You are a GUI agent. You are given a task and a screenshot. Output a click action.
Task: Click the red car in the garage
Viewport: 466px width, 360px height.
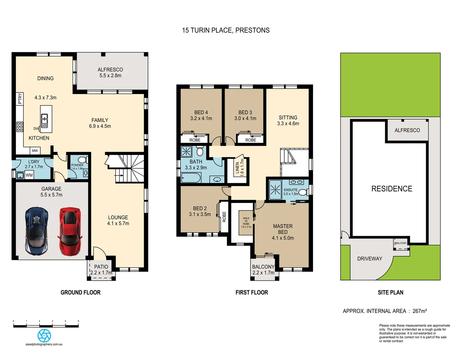pyautogui.click(x=70, y=231)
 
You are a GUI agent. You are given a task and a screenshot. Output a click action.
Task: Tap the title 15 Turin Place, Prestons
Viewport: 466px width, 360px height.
pyautogui.click(x=226, y=30)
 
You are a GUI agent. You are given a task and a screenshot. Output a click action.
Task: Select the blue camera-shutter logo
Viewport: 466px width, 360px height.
pyautogui.click(x=44, y=335)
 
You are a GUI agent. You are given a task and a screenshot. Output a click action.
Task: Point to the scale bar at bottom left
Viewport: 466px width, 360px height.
pyautogui.click(x=46, y=325)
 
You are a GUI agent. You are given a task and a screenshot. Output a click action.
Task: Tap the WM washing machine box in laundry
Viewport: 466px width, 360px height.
pyautogui.click(x=29, y=175)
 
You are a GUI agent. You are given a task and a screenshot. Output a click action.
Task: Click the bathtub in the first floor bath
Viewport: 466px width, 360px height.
pyautogui.click(x=191, y=178)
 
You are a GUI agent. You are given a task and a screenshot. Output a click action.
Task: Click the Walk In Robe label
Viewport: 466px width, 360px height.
pyautogui.click(x=246, y=222)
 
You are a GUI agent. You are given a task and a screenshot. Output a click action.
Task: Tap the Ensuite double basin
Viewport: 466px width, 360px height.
pyautogui.click(x=296, y=182)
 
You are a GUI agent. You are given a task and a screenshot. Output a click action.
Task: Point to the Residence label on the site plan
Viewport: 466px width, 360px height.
pyautogui.click(x=392, y=189)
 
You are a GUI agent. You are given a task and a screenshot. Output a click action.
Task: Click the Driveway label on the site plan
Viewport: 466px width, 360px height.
pyautogui.click(x=370, y=259)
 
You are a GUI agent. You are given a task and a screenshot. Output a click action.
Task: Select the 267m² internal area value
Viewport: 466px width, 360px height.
pyautogui.click(x=420, y=311)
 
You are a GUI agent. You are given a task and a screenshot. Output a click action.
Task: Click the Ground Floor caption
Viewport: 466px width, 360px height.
pyautogui.click(x=80, y=292)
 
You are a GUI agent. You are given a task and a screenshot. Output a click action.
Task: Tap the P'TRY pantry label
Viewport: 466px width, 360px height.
pyautogui.click(x=20, y=99)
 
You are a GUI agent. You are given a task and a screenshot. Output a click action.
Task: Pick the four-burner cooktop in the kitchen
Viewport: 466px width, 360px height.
pyautogui.click(x=20, y=127)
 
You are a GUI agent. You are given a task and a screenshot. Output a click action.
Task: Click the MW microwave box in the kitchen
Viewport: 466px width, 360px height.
pyautogui.click(x=35, y=151)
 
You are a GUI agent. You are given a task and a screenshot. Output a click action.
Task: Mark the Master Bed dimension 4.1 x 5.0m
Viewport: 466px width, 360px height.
pyautogui.click(x=283, y=238)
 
